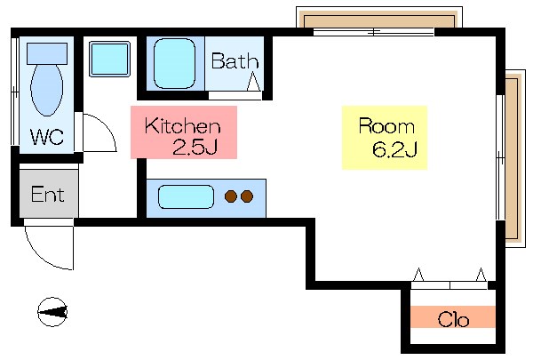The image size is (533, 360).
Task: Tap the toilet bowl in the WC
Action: pos(46,90)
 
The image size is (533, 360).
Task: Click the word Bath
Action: pos(235,62)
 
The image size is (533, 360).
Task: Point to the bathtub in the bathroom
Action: pos(173,63)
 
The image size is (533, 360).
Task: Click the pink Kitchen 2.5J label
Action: pos(184,132)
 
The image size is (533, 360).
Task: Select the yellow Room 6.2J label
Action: pos(385,137)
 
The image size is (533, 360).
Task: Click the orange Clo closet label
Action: pos(453,317)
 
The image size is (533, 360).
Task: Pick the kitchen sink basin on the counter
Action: pos(186,196)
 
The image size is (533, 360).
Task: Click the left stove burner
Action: pos(231,196)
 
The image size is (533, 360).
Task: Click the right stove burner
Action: pos(246,196)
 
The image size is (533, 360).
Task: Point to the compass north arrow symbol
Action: pos(52,311)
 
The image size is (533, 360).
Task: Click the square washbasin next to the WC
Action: pos(109,59)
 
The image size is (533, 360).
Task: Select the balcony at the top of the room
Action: pos(378,20)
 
